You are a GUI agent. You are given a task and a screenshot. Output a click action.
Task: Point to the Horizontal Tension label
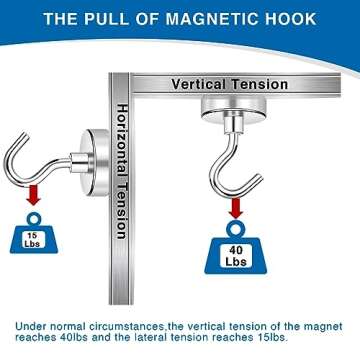(x=121, y=170)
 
